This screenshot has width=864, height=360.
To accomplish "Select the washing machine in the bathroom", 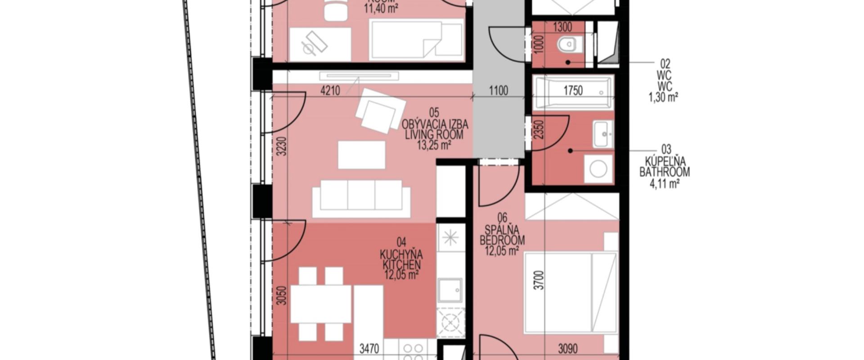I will coord(598,169).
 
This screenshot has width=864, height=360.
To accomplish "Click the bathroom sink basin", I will coord(603,134).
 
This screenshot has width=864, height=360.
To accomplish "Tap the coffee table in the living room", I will coord(361,155).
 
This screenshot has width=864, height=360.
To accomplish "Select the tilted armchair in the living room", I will coord(380,110).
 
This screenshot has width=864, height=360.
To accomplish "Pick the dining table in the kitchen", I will coord(321,304).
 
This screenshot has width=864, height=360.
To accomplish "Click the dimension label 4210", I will coord(330,90).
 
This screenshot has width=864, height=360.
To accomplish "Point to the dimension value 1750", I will coord(573,90).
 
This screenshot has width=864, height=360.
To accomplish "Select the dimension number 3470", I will coord(369,348).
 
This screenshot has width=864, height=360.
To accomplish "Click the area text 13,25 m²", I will coord(434,145).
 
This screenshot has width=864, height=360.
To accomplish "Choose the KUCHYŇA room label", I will coord(401,255).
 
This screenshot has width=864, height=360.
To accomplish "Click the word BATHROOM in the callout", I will coord(664,172).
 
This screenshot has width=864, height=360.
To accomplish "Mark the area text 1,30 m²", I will coord(663,97).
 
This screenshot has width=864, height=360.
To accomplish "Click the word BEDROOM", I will coord(502,240).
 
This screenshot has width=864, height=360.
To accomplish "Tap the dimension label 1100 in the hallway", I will coord(499,90).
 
